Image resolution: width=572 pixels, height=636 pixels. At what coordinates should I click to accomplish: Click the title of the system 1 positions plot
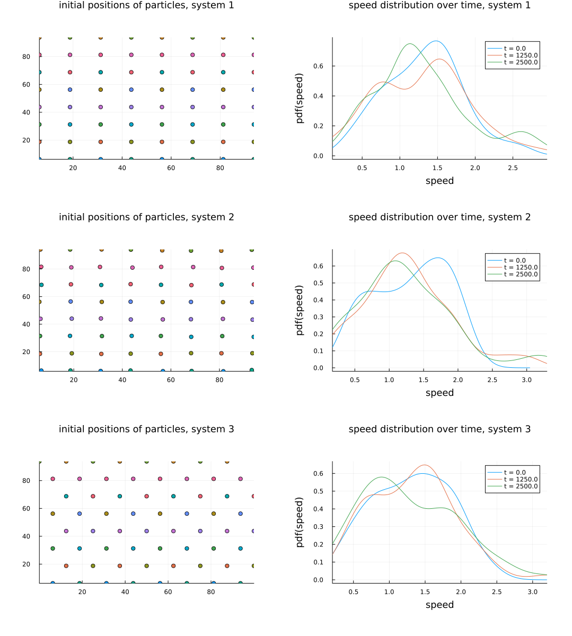pos(146,5)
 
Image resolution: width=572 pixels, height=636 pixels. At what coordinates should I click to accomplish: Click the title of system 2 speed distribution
pos(439,217)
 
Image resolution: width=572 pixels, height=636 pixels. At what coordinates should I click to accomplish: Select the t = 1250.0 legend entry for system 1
pos(521,55)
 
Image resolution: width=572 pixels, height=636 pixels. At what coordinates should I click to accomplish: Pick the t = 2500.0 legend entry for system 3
pos(521,486)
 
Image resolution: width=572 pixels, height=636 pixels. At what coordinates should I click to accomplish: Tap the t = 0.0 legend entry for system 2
pos(515,260)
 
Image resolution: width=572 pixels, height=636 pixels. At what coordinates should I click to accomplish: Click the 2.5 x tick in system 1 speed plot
pos(513,168)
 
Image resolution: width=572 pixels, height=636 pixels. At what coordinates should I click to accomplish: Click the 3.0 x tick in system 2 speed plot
pos(526,380)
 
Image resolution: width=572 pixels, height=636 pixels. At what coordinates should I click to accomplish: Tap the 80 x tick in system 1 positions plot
pos(221,168)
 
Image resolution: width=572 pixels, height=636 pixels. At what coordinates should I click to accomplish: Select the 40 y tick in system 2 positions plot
pos(26,324)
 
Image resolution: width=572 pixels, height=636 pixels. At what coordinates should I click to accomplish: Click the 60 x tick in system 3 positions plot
pos(168,592)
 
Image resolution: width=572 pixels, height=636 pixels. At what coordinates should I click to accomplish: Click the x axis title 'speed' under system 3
pos(439,605)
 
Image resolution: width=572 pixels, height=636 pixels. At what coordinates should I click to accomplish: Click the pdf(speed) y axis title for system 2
pos(300,311)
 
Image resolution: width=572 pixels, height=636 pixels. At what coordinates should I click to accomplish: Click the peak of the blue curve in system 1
pos(436,41)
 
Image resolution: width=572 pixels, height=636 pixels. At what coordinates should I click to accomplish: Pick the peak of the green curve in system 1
pos(410,44)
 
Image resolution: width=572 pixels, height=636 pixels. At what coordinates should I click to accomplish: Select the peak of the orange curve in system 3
pos(425,465)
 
